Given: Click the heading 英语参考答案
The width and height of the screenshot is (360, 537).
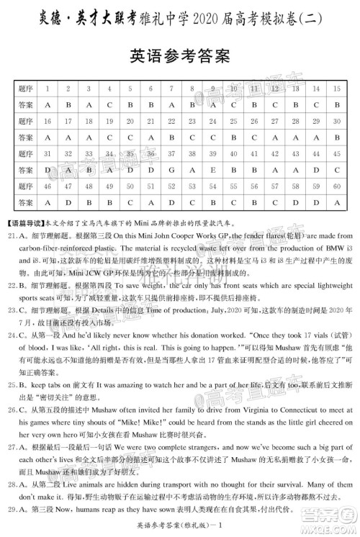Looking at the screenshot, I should pyautogui.click(x=179, y=55).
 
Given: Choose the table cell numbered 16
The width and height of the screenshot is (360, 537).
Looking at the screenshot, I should pyautogui.click(x=46, y=121).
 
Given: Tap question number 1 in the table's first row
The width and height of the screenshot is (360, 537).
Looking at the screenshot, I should pyautogui.click(x=46, y=88).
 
